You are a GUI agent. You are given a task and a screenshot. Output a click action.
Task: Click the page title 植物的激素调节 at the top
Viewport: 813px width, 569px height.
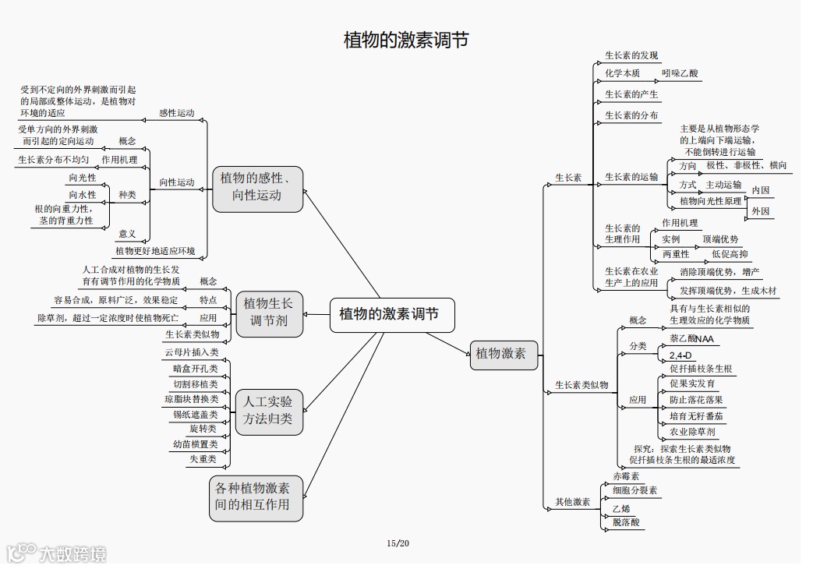[406, 40]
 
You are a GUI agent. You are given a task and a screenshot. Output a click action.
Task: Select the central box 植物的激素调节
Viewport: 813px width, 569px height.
[389, 314]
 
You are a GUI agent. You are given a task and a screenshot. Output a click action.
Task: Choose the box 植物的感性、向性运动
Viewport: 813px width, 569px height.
[257, 187]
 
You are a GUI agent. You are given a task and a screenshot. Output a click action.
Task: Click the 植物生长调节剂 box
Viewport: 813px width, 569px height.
[269, 313]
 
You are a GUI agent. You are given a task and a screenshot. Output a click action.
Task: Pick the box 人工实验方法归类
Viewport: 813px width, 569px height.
[269, 411]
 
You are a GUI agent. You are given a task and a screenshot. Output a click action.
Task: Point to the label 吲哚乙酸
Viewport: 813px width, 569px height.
[680, 73]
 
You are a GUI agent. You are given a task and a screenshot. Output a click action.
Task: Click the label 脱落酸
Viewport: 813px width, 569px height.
[626, 522]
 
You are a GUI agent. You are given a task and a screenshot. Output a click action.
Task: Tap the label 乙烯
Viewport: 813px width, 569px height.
[621, 507]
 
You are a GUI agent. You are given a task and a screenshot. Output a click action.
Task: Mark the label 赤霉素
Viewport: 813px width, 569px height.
[626, 476]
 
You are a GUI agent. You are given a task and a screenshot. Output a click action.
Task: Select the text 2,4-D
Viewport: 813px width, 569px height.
[681, 355]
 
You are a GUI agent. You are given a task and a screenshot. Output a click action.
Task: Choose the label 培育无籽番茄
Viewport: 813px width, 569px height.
[696, 416]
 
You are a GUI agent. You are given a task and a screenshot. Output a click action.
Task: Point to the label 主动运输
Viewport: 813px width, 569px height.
[723, 185]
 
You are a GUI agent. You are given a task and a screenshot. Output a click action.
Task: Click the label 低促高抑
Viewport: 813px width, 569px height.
[730, 254]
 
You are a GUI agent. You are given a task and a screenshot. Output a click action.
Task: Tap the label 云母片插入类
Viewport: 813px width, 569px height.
[191, 352]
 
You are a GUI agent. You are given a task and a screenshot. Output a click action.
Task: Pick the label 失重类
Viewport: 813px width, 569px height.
[203, 459]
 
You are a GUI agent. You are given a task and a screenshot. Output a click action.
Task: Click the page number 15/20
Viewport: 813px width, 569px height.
[398, 542]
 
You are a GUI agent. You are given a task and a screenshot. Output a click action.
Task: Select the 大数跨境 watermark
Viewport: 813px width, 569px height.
[58, 553]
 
